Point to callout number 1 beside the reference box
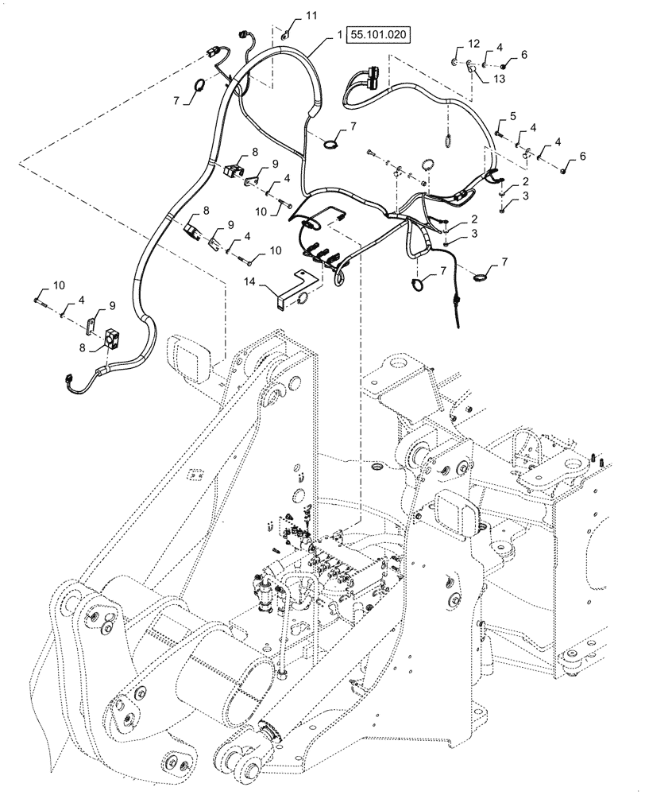coord(339,36)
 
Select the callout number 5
coord(512,117)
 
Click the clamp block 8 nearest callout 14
coord(194,230)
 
